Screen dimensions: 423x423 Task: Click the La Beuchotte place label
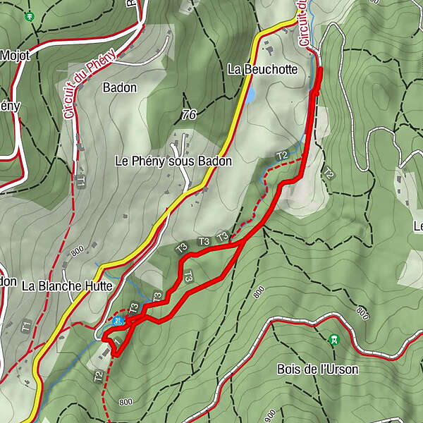click(263, 70)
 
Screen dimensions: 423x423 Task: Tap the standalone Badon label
click(119, 88)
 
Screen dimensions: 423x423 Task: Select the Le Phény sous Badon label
click(173, 161)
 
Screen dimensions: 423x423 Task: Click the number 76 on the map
click(188, 114)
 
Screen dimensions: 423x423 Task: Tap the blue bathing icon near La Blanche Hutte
click(118, 321)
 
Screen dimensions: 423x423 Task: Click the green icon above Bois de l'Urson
click(333, 340)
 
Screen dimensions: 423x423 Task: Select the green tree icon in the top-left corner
click(28, 16)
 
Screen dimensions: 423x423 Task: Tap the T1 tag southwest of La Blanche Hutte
click(25, 326)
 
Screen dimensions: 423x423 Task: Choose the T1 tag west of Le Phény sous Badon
click(81, 182)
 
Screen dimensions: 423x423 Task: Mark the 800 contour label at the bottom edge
click(125, 403)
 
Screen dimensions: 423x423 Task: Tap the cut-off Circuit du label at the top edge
click(304, 24)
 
